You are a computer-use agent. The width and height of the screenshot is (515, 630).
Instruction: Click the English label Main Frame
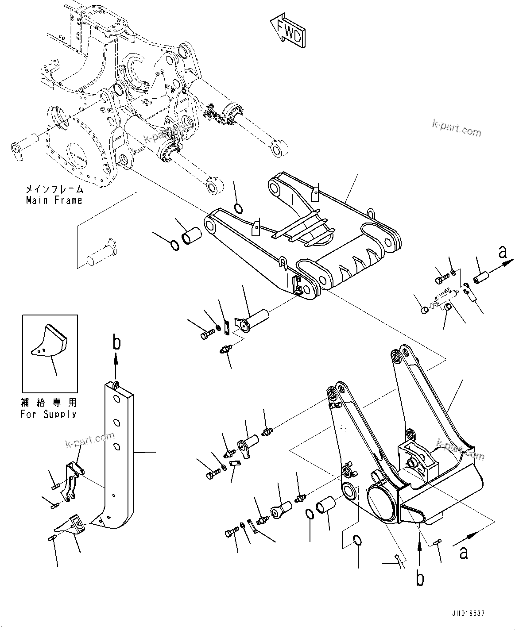click(54, 200)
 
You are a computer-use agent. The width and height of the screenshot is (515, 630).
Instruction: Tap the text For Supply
click(48, 415)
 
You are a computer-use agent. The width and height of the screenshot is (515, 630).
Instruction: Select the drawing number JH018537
click(469, 614)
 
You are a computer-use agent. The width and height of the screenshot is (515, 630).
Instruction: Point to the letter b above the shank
click(116, 343)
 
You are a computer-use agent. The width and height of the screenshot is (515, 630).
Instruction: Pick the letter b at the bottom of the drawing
click(420, 578)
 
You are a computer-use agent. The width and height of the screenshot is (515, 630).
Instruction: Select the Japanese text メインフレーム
click(54, 189)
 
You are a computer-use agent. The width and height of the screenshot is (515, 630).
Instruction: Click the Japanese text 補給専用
click(48, 403)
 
